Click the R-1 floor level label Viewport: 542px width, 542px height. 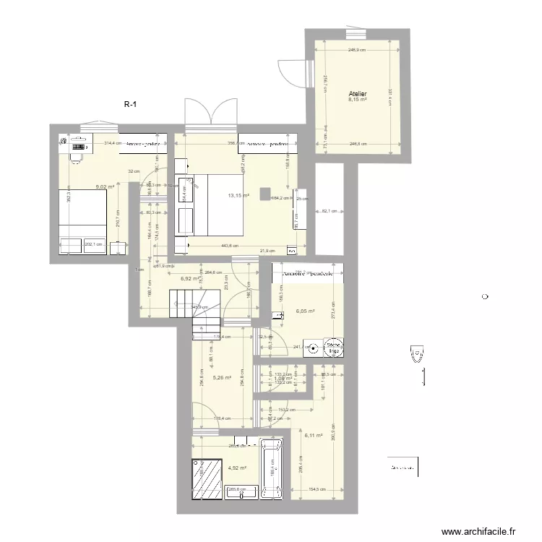coord(131,105)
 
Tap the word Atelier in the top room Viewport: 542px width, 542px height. coord(357,94)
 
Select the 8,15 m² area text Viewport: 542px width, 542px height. coord(357,100)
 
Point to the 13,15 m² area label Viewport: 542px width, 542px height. coord(238,195)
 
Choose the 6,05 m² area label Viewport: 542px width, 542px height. coord(305,312)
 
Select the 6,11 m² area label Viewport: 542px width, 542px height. coord(314,435)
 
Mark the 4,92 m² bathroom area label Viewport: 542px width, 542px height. coord(237,468)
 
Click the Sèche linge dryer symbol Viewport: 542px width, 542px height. coord(334,348)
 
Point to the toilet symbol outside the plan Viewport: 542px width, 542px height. coord(417,354)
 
